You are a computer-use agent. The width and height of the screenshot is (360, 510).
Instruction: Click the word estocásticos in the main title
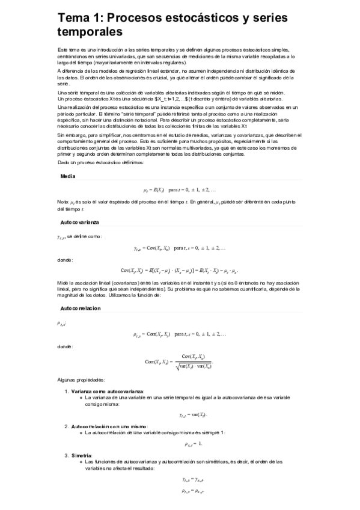pos(198,18)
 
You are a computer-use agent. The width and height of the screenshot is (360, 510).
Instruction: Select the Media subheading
pos(68,176)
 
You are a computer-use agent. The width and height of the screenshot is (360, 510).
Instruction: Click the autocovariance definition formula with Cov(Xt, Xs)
pos(180,248)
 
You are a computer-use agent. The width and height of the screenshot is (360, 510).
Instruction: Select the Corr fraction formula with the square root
pos(180,361)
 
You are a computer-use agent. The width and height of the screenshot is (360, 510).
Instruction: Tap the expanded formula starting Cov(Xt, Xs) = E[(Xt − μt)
pos(180,271)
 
